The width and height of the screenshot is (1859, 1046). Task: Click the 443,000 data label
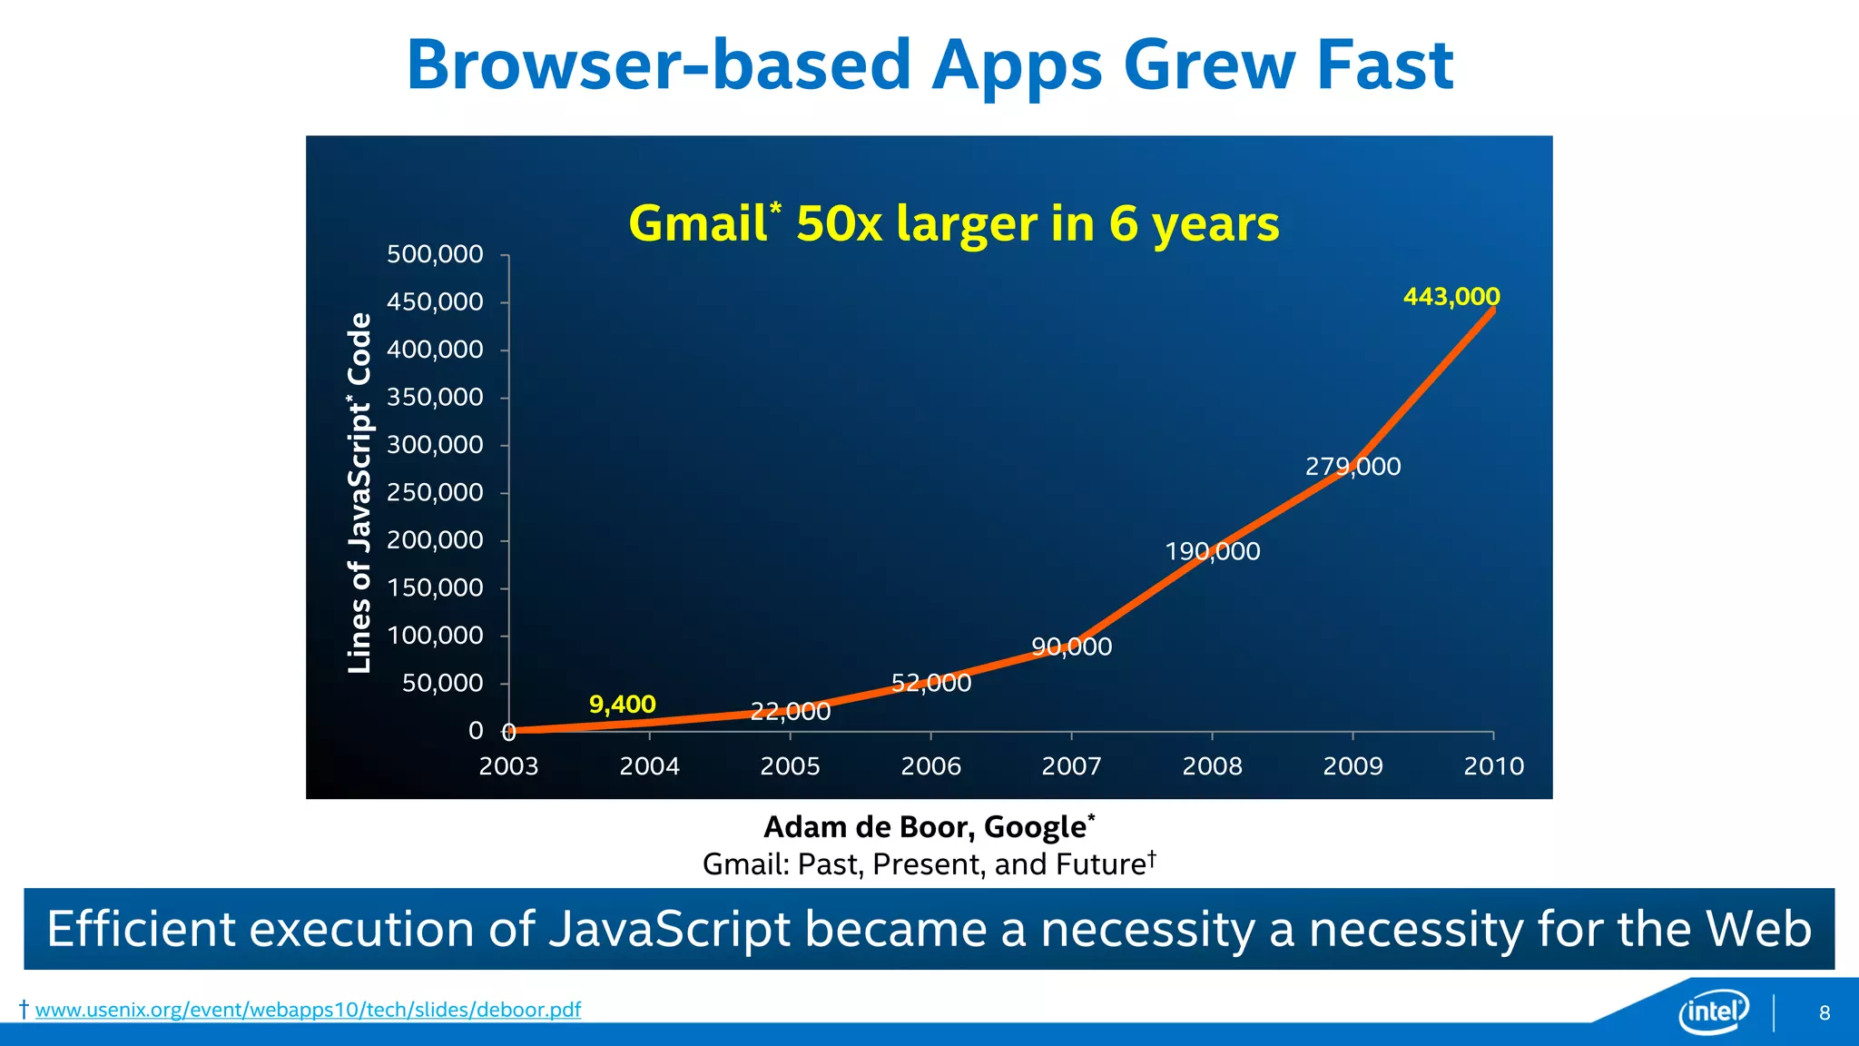pyautogui.click(x=1451, y=297)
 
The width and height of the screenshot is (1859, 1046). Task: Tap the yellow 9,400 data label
pyautogui.click(x=622, y=705)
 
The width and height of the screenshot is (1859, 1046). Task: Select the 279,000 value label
pyautogui.click(x=1352, y=467)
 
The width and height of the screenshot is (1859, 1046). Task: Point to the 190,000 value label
pyautogui.click(x=1212, y=551)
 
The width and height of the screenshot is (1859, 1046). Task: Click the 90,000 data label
pyautogui.click(x=1071, y=646)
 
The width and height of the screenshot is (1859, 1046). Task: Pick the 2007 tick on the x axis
pyautogui.click(x=1071, y=766)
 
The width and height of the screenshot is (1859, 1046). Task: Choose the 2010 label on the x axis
pyautogui.click(x=1493, y=766)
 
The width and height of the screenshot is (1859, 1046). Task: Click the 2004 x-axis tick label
pyautogui.click(x=649, y=766)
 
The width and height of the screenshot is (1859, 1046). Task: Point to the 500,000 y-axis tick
pyautogui.click(x=435, y=254)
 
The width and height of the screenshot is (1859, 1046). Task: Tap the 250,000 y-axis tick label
pyautogui.click(x=435, y=493)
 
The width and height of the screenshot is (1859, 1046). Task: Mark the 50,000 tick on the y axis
pyautogui.click(x=442, y=683)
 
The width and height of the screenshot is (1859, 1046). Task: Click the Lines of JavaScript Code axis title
pyautogui.click(x=360, y=493)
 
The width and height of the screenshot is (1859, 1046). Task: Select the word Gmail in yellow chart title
pyautogui.click(x=697, y=223)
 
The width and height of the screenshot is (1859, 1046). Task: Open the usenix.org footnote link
pyautogui.click(x=308, y=1010)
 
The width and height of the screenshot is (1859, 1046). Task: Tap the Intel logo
pyautogui.click(x=1713, y=1011)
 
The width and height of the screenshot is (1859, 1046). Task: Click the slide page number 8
pyautogui.click(x=1825, y=1013)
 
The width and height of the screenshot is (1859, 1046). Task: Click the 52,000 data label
pyautogui.click(x=930, y=683)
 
